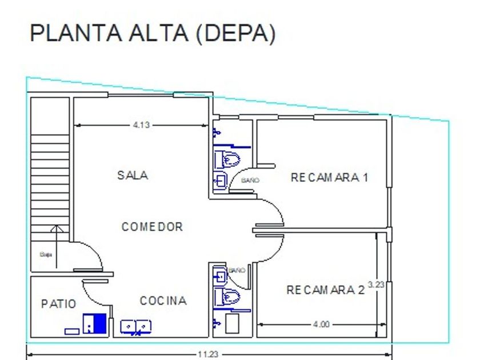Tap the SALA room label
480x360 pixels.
click(133, 175)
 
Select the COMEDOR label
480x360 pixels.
click(152, 227)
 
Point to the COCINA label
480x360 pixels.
click(163, 301)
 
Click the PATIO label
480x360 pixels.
click(58, 304)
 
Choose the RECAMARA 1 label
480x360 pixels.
click(329, 177)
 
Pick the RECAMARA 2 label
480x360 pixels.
click(325, 290)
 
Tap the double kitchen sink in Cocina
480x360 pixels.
click(136, 326)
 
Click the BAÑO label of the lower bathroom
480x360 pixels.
click(237, 270)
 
